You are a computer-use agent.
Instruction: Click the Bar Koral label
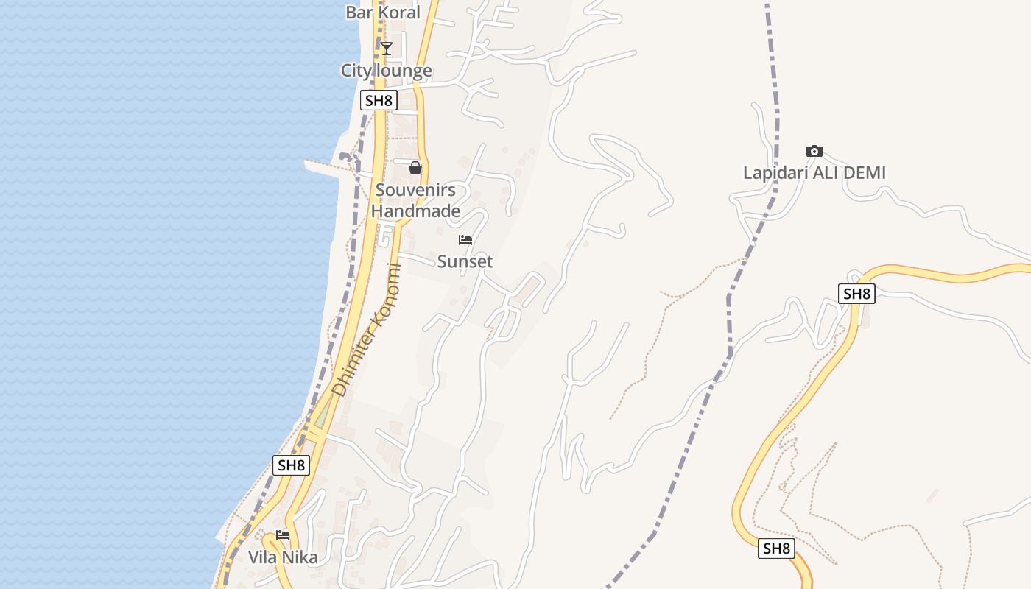click(383, 13)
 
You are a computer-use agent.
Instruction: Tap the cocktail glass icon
click(386, 49)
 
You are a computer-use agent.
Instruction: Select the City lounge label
click(386, 71)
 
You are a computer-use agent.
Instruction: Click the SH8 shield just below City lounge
click(379, 100)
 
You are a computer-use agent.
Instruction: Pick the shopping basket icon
click(415, 168)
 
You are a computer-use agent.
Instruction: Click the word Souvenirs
click(415, 190)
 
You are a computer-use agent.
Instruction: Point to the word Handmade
click(415, 211)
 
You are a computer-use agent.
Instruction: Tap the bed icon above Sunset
click(465, 240)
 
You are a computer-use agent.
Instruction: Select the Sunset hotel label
click(465, 261)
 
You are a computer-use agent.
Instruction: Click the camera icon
click(814, 151)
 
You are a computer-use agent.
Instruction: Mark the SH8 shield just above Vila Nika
click(291, 465)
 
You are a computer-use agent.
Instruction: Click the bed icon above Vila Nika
click(283, 535)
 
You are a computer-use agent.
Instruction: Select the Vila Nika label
click(283, 557)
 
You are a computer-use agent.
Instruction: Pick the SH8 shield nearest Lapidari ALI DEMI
click(856, 294)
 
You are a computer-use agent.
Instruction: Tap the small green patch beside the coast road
click(323, 416)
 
